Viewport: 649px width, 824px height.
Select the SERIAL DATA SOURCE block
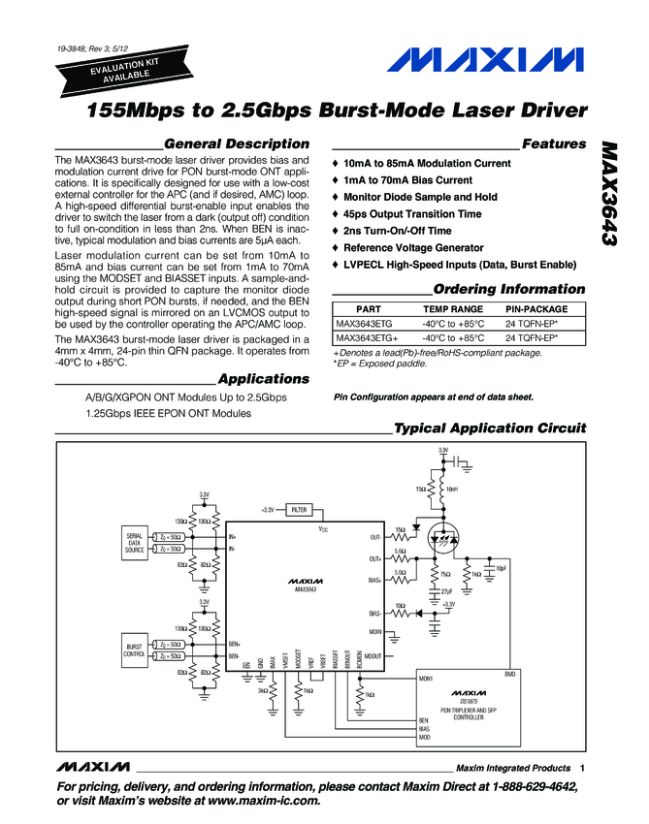(134, 543)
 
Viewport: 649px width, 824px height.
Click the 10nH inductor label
(452, 490)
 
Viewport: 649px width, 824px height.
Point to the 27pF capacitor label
(445, 591)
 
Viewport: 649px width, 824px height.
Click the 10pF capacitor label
(501, 567)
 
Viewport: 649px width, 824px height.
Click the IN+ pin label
(233, 536)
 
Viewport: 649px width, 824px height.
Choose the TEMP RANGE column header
(452, 309)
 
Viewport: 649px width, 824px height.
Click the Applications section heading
(264, 378)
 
